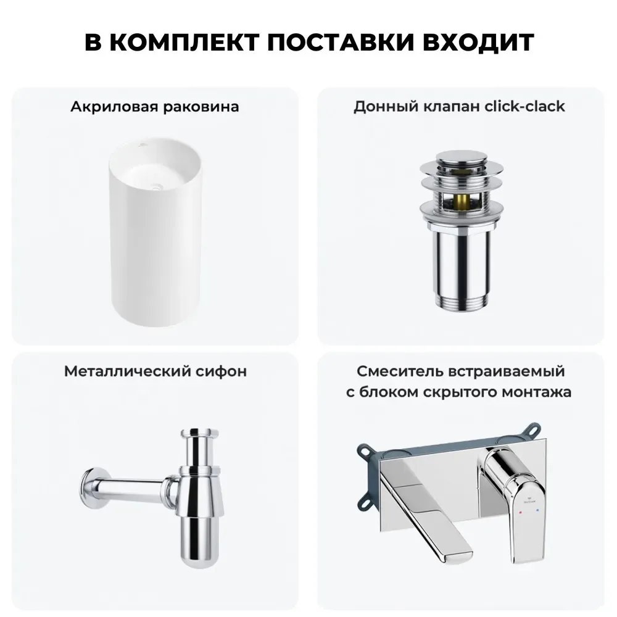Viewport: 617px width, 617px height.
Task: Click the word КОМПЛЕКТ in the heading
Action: [x=184, y=42]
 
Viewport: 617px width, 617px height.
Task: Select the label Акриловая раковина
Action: [x=155, y=107]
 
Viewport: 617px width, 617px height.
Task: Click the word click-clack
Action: [x=524, y=106]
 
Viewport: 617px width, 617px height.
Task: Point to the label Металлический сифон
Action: [x=155, y=371]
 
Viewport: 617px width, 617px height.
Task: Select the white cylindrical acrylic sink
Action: [x=155, y=231]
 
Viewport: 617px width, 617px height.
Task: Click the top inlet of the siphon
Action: [x=199, y=433]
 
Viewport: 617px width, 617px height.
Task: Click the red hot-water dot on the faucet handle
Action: [x=521, y=513]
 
